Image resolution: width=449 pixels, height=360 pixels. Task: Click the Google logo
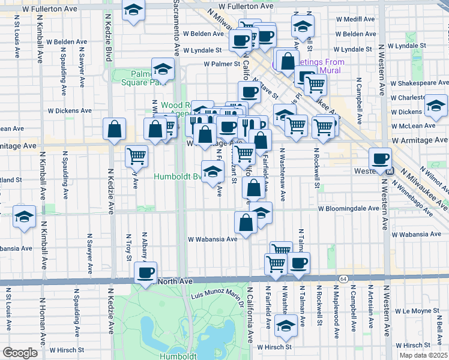point(20,353)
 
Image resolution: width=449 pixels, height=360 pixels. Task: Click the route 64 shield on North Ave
point(343,279)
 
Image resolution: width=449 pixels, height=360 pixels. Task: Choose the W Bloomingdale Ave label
point(349,209)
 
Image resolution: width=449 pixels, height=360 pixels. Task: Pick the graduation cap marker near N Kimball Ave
point(24,217)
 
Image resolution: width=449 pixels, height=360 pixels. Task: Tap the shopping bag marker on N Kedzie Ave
point(114,128)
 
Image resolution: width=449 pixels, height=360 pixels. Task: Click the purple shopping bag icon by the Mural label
point(288,61)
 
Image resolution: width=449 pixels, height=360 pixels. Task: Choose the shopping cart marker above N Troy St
point(137,156)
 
